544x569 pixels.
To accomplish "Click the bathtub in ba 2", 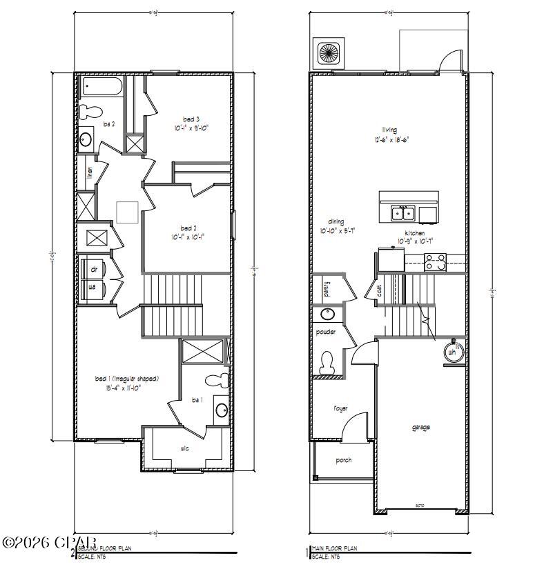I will pos(102,87).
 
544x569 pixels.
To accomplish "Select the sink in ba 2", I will pos(86,139).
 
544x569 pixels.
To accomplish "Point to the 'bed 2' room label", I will pos(188,228).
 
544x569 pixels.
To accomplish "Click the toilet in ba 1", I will pos(217,379).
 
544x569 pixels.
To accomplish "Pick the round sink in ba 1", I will pos(221,410).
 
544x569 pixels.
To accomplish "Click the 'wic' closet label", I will pos(185,448).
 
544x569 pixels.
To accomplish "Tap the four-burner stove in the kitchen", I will pos(436,262).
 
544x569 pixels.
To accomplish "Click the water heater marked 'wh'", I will pos(452,351).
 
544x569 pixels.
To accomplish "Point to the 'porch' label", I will pos(343,460).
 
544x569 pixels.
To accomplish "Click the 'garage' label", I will pos(421,428).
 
